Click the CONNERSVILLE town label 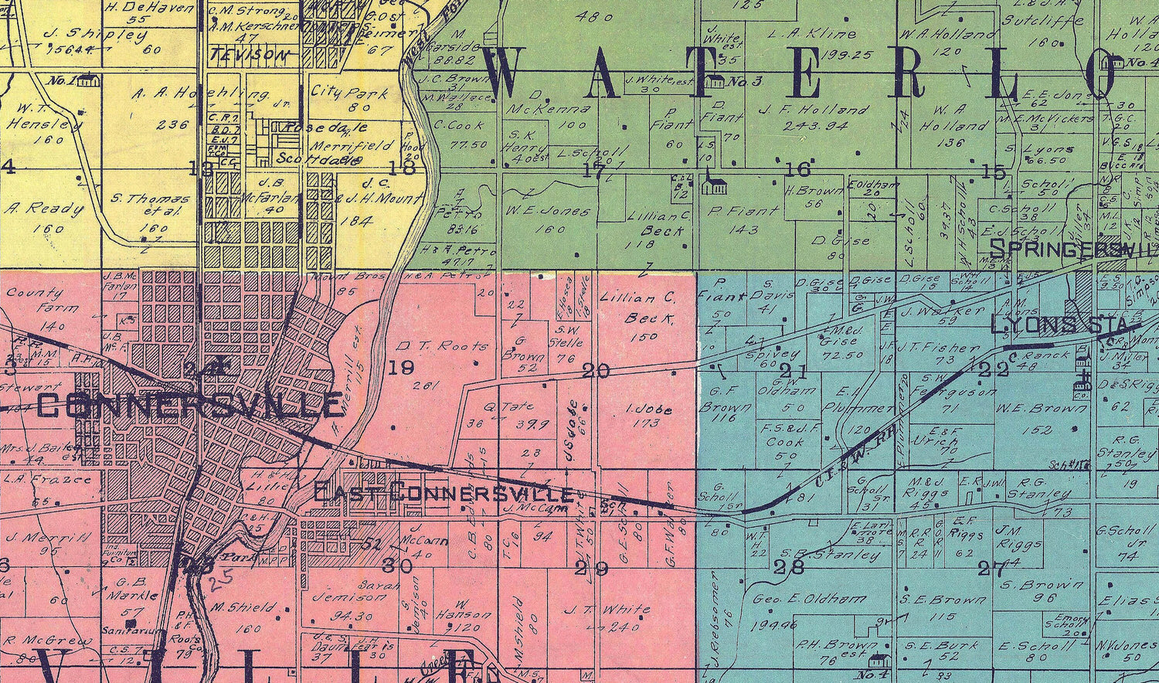190,404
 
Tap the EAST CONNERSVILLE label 444,493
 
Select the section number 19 401,368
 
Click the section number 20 596,372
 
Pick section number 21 794,372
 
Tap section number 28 792,566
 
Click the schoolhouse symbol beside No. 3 715,80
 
